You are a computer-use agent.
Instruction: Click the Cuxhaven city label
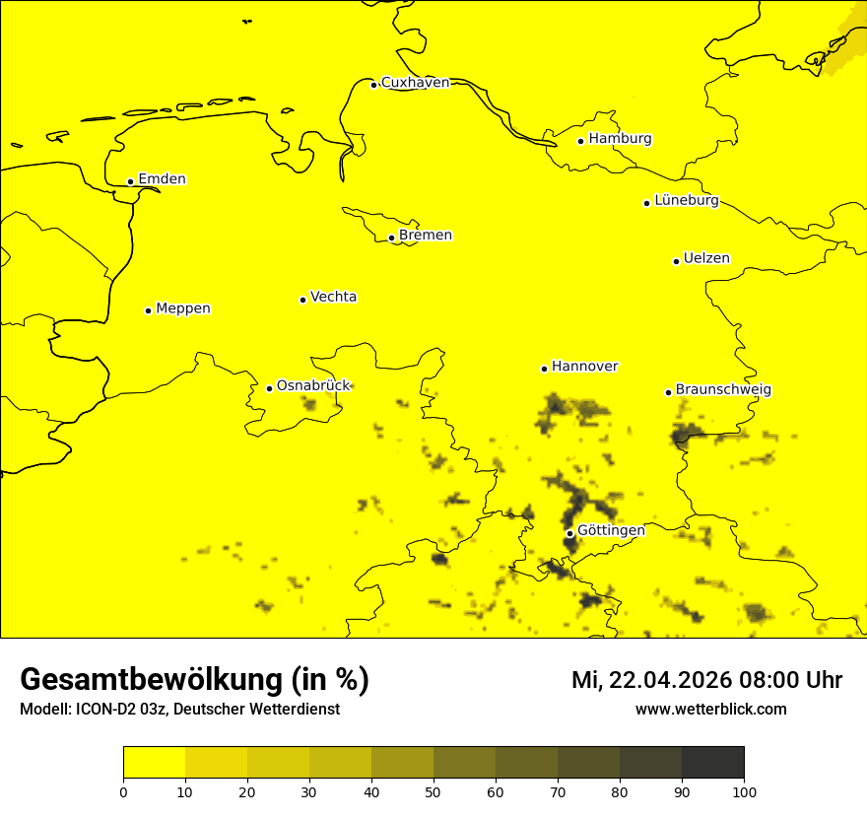click(415, 83)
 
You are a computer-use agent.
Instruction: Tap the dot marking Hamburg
click(581, 141)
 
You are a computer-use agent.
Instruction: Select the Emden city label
click(162, 179)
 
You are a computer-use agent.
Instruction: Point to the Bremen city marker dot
click(391, 238)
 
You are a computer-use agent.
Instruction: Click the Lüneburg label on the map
click(686, 201)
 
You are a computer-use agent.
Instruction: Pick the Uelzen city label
click(706, 259)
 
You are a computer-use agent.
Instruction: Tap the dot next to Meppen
click(148, 310)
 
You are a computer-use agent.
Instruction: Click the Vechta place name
click(333, 297)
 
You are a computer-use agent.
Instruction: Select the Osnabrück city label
click(313, 386)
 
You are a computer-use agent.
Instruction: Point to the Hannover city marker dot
click(544, 369)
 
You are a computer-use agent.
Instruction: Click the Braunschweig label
click(723, 390)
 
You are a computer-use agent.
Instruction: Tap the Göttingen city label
click(611, 530)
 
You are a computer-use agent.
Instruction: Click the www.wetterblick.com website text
click(710, 710)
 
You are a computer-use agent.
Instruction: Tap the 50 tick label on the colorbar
click(433, 791)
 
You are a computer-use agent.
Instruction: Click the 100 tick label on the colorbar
click(744, 791)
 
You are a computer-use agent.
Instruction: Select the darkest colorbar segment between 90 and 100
click(712, 763)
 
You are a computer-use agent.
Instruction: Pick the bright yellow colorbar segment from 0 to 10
click(155, 763)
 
